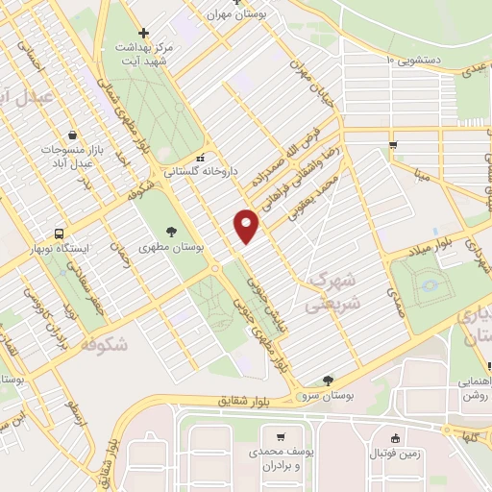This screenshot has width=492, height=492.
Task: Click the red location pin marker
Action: (x=246, y=225)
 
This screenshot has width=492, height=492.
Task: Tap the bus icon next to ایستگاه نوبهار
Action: (x=61, y=234)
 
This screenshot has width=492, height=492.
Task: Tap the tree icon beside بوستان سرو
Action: (x=329, y=381)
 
